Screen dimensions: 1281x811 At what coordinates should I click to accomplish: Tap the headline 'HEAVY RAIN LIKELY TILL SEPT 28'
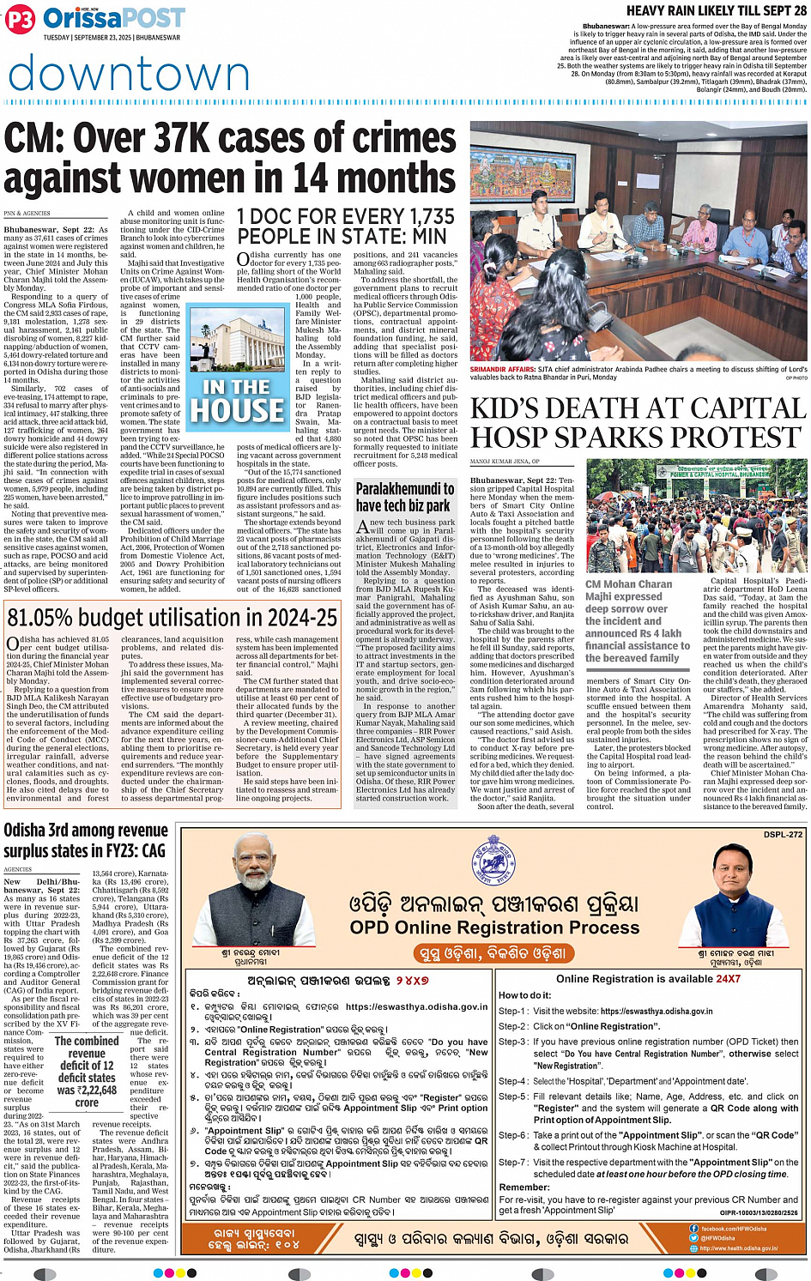[x=716, y=10]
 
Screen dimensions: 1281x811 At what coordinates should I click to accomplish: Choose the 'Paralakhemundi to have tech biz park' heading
[x=405, y=497]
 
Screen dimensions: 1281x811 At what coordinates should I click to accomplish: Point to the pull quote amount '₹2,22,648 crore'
[x=87, y=1096]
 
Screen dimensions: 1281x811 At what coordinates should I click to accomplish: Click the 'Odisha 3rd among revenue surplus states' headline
[x=84, y=840]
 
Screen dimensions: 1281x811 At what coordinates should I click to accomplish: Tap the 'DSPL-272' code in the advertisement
[x=782, y=834]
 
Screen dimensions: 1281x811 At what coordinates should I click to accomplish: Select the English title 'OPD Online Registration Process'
[x=494, y=928]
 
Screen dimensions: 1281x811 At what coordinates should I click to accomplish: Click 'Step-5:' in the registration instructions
[x=513, y=1097]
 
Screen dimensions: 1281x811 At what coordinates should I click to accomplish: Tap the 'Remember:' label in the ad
[x=524, y=1187]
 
